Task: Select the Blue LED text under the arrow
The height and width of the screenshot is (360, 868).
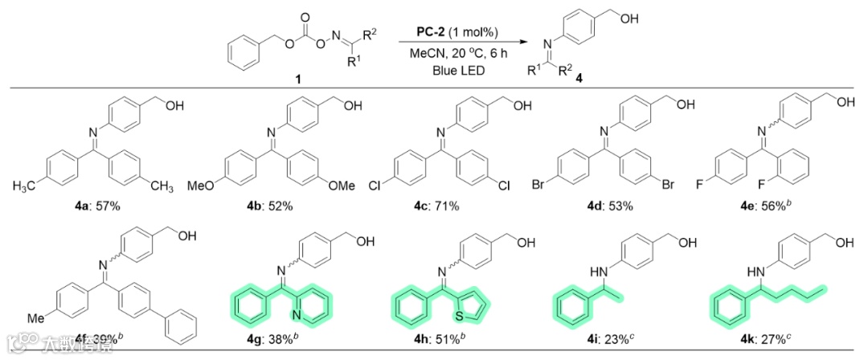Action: (x=454, y=70)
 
